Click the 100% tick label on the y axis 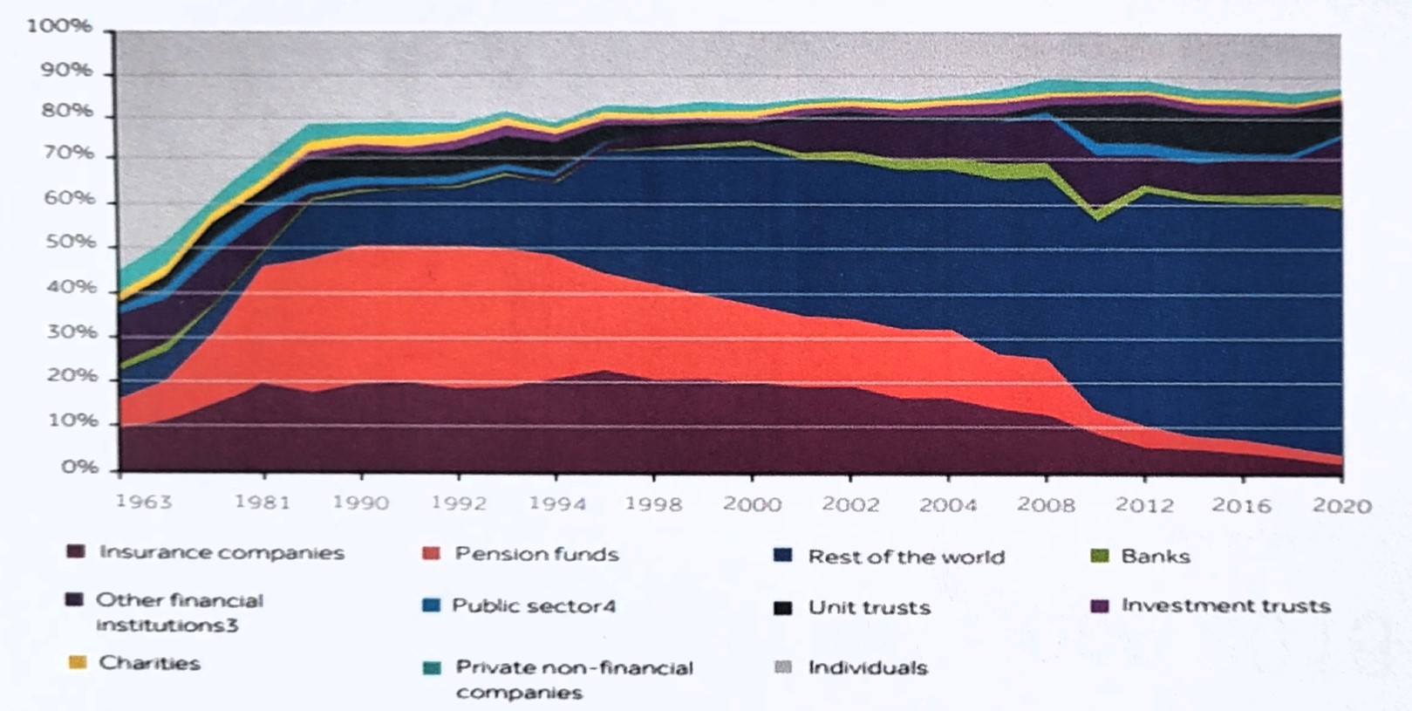(58, 26)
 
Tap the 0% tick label (79, 468)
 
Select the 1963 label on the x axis (144, 502)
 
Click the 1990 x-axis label (360, 503)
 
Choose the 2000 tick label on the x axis (752, 504)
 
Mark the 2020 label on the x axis (1342, 506)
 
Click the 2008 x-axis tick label (1046, 505)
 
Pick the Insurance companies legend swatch (76, 552)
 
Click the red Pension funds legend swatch (431, 554)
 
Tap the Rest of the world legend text (906, 557)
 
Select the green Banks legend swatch (1100, 556)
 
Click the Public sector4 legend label (534, 605)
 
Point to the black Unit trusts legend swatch (783, 608)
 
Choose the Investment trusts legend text (1225, 605)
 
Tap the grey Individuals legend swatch (783, 667)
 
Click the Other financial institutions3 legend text (178, 612)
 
